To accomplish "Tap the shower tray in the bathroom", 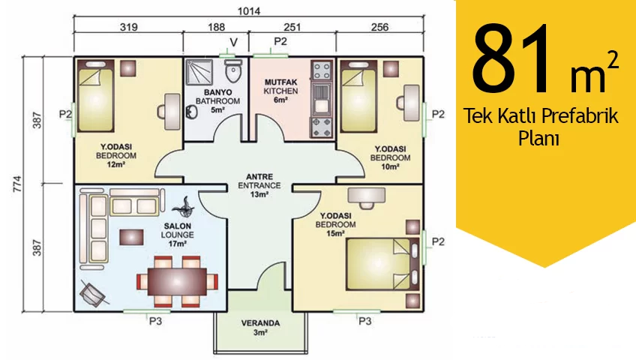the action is [x=199, y=72].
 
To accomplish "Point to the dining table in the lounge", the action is [x=178, y=281].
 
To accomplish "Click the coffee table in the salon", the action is [x=131, y=237].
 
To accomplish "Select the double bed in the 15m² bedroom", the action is [x=382, y=264].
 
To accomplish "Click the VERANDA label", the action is [x=260, y=323].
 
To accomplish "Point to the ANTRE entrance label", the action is [x=259, y=177].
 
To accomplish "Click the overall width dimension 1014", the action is [x=249, y=11].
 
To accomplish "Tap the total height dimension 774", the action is [x=17, y=184].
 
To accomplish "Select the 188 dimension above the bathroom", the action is [x=216, y=27].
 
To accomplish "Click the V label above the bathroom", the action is [x=234, y=43].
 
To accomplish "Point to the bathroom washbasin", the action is [x=191, y=112].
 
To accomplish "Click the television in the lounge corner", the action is [x=94, y=292].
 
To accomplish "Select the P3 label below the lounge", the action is [x=155, y=321].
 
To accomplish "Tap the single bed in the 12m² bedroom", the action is [x=95, y=96].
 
